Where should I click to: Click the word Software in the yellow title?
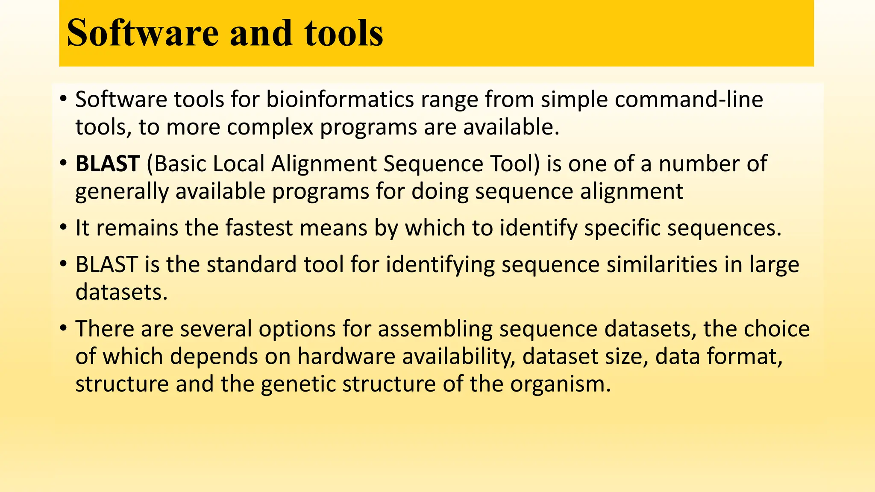[x=142, y=33]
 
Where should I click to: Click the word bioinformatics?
[x=340, y=100]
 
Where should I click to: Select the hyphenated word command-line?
[x=689, y=100]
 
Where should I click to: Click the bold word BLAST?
[x=108, y=164]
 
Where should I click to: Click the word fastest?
[x=259, y=228]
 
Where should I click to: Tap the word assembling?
[x=435, y=329]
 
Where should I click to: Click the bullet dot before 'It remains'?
[x=63, y=228]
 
